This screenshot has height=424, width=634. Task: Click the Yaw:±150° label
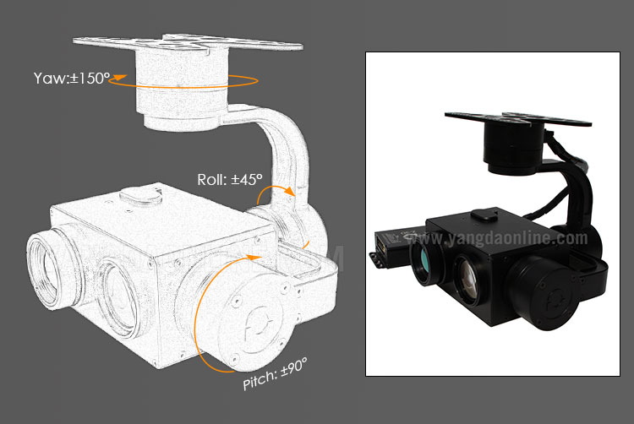72,79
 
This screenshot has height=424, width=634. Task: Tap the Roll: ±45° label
230,179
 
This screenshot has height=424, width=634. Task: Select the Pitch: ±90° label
275,374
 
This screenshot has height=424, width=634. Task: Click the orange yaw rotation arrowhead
118,79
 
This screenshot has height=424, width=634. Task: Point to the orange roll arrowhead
289,192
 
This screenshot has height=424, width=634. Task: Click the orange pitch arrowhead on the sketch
254,258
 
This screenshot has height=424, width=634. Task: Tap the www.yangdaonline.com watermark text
497,239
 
